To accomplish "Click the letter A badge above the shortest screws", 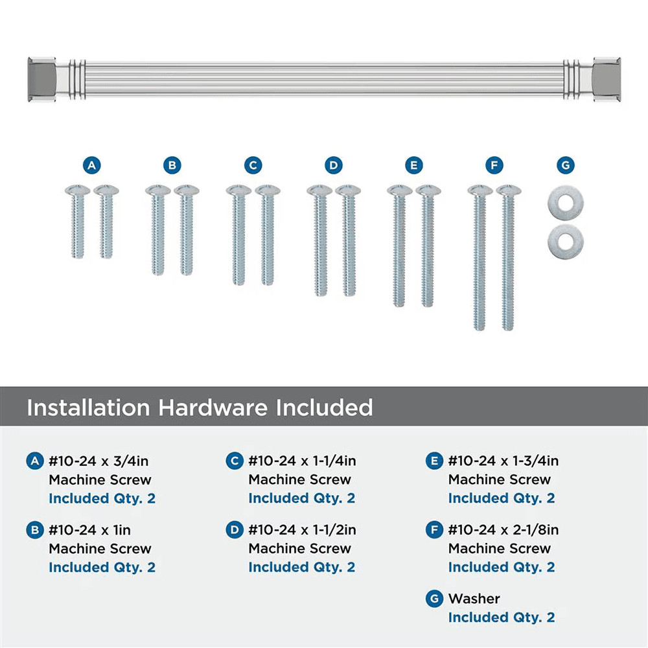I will pos(92,165).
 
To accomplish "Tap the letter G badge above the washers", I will pos(565,165).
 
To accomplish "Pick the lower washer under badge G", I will pos(565,241).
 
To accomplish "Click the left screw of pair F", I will pos(480,259).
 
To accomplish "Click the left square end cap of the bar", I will pos(41,79).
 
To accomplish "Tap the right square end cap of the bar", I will pos(607,79).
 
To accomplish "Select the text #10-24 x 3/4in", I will pos(99,461).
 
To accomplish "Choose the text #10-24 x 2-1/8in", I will pos(503,530).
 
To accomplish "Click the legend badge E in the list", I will pos(434,461).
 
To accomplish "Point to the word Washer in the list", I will pos(474,599).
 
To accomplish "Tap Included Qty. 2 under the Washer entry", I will pos(502,618).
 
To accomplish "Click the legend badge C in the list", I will pos(234,461).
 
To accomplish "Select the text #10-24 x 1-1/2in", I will pos(302,530).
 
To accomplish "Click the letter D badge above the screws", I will pos(333,165).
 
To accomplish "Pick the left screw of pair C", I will pos(238,237).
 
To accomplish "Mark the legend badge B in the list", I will pos(34,530).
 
